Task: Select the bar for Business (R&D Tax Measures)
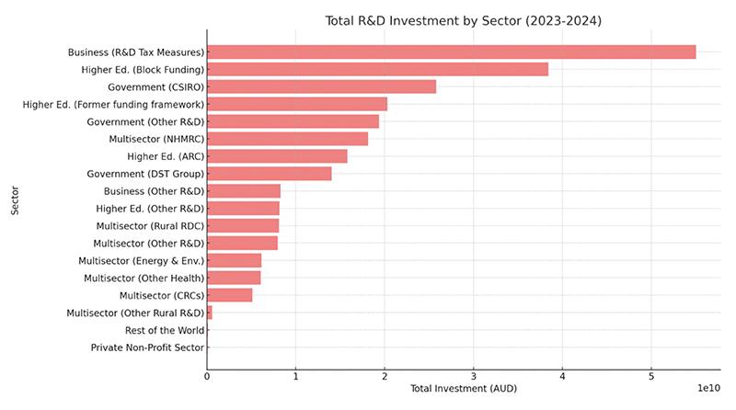point(451,52)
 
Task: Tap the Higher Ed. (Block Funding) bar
point(377,70)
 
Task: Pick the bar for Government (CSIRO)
point(321,86)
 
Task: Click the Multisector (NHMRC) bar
point(287,139)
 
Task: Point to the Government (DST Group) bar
point(269,174)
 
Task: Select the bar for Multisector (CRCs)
point(229,295)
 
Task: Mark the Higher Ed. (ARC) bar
point(277,156)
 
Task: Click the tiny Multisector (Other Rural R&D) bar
point(210,313)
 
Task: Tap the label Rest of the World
point(165,330)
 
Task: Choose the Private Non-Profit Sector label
point(147,347)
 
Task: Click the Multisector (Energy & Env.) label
point(142,261)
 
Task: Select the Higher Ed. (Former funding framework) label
point(113,104)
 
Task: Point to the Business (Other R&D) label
point(154,191)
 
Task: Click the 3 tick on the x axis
point(473,376)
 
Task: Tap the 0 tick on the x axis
point(207,376)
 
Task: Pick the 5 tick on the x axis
point(650,376)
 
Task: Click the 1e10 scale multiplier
point(707,390)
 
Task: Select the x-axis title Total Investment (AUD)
point(464,390)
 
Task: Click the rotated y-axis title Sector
point(15,199)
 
